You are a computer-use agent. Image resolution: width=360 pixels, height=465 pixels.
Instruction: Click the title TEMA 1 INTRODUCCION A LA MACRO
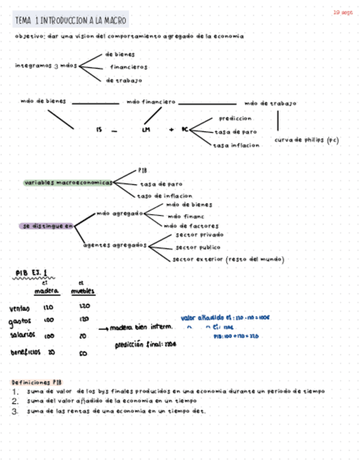(71, 21)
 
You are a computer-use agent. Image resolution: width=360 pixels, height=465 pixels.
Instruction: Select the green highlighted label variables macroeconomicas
(68, 183)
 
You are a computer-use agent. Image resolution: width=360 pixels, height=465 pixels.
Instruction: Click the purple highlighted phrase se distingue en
(47, 225)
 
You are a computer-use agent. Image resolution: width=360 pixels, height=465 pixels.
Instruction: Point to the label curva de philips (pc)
(306, 140)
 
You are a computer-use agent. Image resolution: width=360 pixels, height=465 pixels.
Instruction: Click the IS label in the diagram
(99, 129)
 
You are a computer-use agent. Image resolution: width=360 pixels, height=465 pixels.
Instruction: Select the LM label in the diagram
(145, 129)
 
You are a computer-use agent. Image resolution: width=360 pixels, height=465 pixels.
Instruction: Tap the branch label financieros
(128, 67)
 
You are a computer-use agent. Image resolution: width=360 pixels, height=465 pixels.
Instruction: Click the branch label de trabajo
(124, 80)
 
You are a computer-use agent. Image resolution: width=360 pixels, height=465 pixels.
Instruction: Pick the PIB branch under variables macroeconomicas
(142, 171)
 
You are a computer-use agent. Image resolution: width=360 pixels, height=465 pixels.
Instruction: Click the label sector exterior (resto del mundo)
(228, 259)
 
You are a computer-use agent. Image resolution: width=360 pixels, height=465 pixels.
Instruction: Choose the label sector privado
(199, 234)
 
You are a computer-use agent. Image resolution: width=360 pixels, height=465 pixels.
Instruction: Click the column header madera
(46, 291)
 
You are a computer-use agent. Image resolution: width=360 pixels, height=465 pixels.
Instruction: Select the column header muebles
(83, 291)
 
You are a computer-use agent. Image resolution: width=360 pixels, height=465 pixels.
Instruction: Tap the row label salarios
(22, 335)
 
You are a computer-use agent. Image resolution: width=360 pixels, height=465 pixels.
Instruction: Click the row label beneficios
(25, 353)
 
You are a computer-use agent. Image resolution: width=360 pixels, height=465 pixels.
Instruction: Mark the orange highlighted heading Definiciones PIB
(37, 382)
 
